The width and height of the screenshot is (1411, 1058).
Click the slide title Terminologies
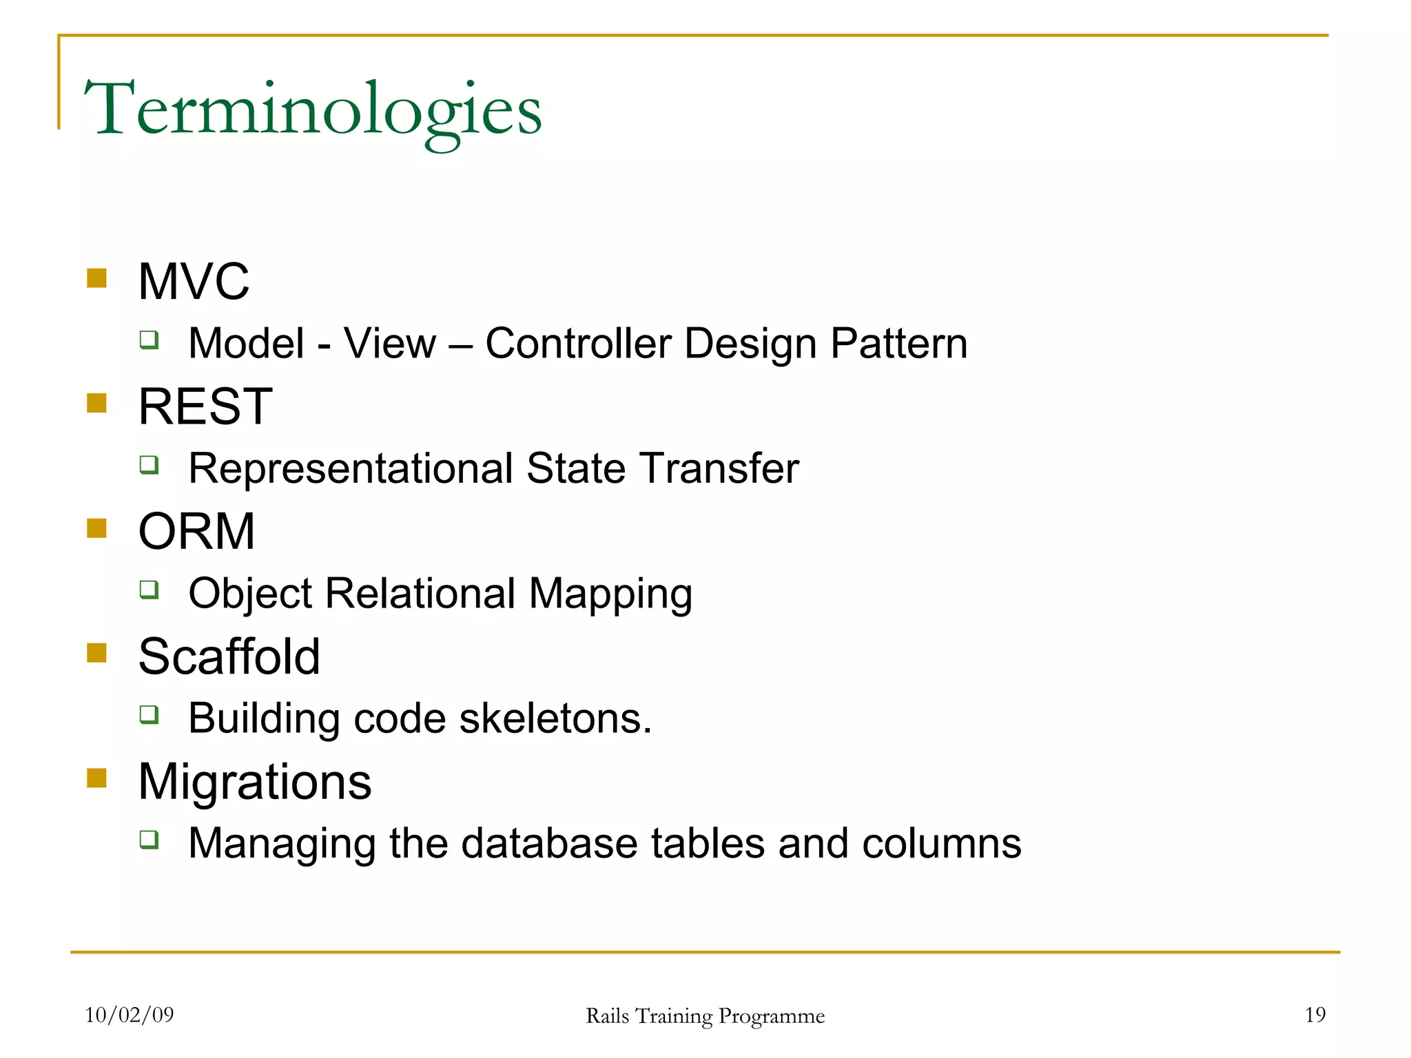click(313, 110)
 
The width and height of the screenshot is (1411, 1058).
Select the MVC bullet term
click(194, 282)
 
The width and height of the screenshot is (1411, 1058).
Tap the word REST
click(205, 406)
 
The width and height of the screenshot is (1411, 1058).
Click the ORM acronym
click(196, 532)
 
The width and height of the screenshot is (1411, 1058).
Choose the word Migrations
click(254, 782)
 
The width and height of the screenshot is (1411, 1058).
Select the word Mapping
click(610, 594)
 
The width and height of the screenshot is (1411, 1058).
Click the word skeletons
click(555, 718)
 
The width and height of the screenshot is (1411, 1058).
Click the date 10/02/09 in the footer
click(130, 1015)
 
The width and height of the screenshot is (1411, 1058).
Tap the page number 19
click(1315, 1015)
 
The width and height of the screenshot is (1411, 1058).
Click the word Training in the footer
click(674, 1016)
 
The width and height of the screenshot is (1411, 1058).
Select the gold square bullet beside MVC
click(96, 278)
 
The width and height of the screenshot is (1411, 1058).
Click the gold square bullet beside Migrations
click(96, 778)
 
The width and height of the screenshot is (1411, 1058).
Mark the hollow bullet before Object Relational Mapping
click(149, 590)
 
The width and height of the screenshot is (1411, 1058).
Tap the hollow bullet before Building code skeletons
click(149, 714)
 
